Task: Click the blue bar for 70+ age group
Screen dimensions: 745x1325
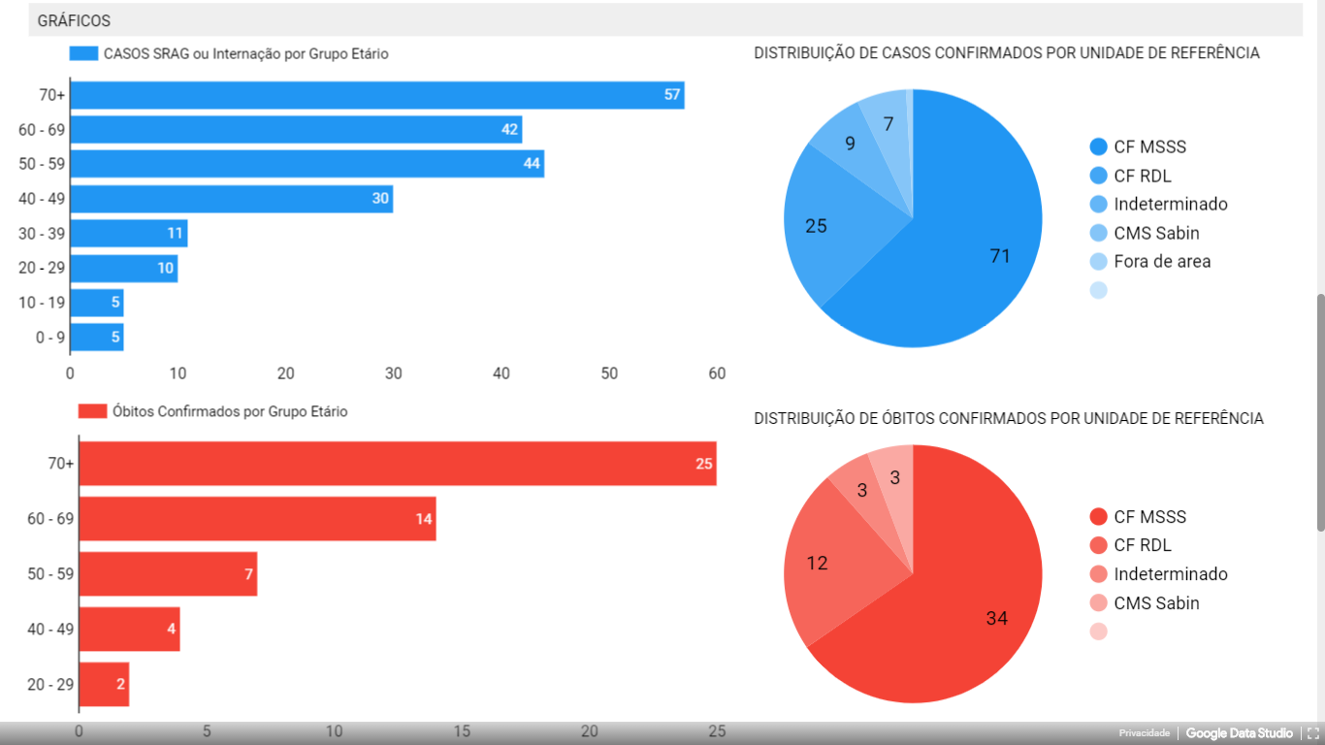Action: click(377, 95)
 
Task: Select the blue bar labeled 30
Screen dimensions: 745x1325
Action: click(231, 199)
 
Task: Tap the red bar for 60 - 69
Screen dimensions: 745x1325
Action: click(257, 519)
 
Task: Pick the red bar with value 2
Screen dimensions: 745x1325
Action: click(103, 684)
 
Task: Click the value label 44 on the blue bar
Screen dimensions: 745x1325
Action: click(532, 164)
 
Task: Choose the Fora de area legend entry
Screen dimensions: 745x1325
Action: click(1161, 261)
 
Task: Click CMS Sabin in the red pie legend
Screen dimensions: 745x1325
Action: click(1155, 603)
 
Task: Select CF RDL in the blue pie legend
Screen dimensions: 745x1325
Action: click(1142, 176)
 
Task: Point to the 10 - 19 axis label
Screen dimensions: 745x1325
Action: click(42, 303)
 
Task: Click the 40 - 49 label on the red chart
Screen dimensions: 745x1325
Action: click(50, 629)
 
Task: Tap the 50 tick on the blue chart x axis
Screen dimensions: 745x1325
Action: click(609, 373)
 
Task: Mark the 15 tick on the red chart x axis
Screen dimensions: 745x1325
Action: click(462, 731)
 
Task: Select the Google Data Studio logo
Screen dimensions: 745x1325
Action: click(1239, 733)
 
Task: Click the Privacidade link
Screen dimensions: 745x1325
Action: click(1144, 733)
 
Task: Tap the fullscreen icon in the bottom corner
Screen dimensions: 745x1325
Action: click(1313, 733)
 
